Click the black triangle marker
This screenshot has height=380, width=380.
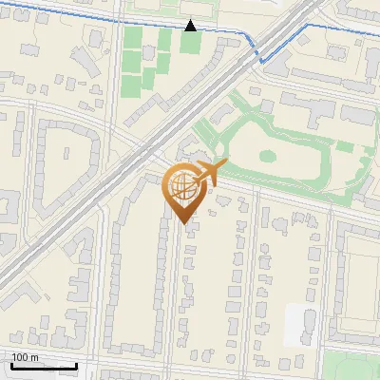click(x=191, y=25)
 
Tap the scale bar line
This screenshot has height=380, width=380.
click(x=44, y=366)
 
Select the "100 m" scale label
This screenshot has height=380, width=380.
click(x=26, y=357)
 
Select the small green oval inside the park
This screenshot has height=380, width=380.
click(x=268, y=156)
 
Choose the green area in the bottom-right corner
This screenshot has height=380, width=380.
click(x=353, y=366)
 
